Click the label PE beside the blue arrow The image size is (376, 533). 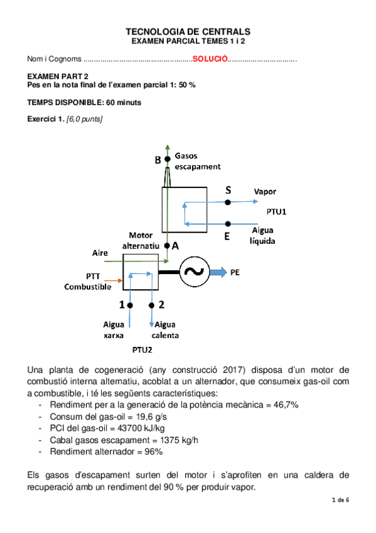[x=236, y=272]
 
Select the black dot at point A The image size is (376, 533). [x=167, y=246]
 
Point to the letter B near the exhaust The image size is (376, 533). [x=158, y=160]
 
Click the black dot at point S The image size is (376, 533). [x=228, y=202]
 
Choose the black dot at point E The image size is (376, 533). [x=228, y=223]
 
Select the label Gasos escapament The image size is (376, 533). [x=197, y=161]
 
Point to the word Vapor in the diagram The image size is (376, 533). [x=265, y=192]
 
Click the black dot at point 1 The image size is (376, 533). [x=130, y=305]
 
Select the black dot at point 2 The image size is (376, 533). [x=151, y=305]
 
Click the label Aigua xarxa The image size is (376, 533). [x=114, y=329]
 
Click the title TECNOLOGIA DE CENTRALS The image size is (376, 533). [x=188, y=31]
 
